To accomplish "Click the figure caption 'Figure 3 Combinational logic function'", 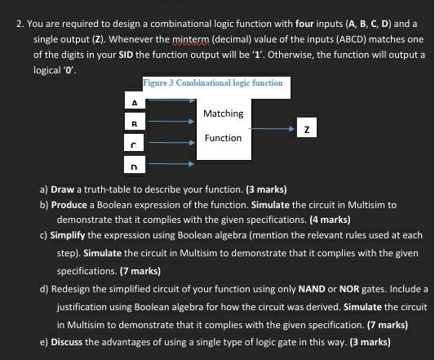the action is [214, 82].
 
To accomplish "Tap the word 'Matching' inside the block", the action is [223, 113].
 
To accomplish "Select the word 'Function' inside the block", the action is [223, 138].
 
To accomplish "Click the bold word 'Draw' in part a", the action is [64, 189].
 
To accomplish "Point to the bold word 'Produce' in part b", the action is [71, 205].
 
